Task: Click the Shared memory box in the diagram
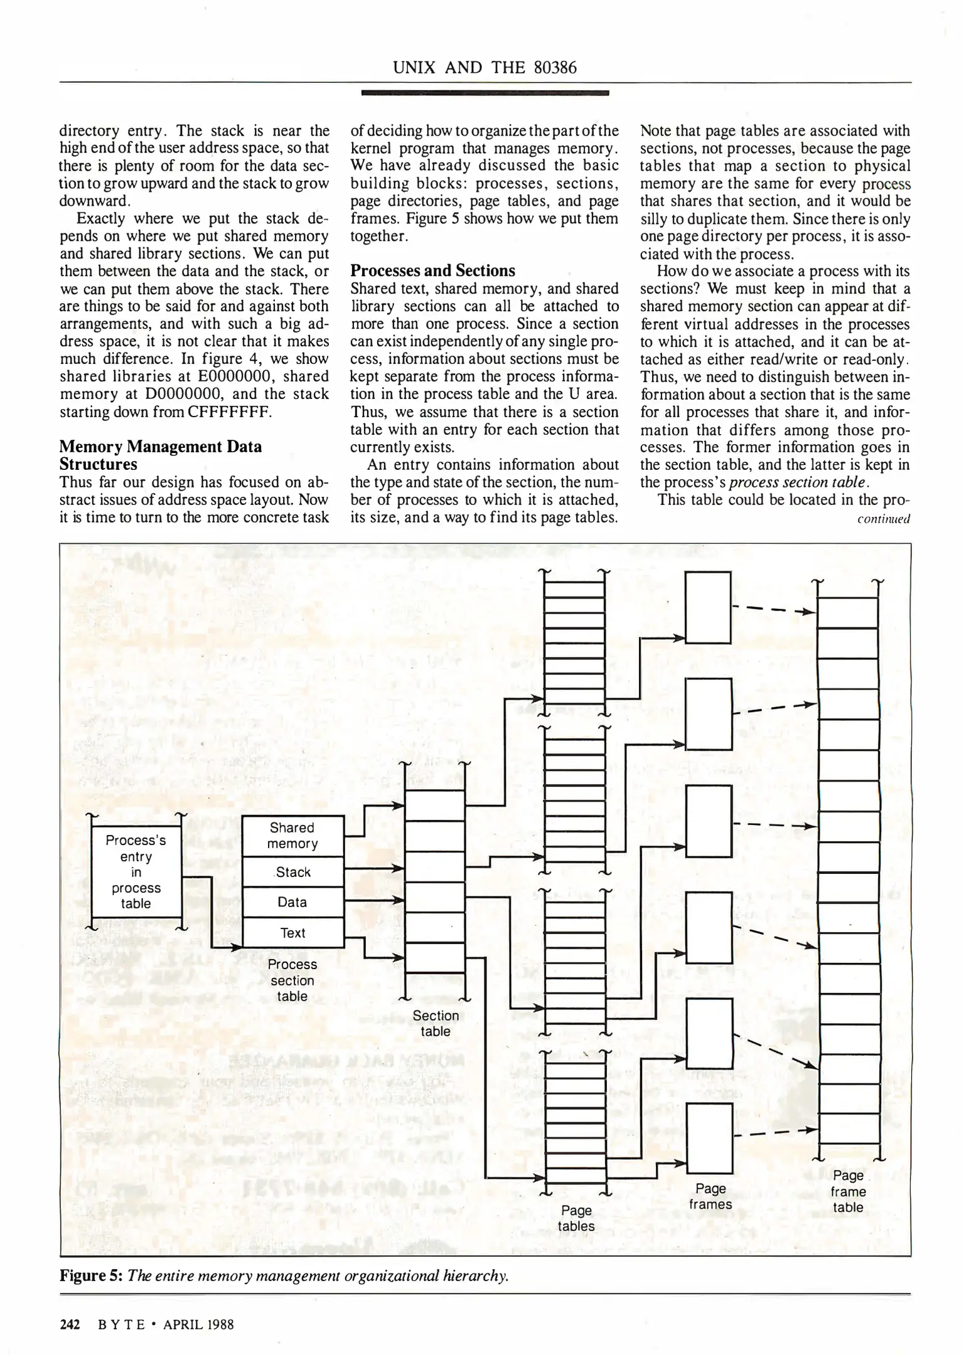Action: pos(292,836)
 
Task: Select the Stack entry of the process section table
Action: pos(292,872)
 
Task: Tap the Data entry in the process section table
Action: pos(292,902)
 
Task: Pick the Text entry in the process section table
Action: pos(292,933)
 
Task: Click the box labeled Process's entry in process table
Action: pos(136,872)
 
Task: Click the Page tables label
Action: pos(576,1218)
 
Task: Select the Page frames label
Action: pos(710,1196)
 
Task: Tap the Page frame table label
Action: pos(848,1191)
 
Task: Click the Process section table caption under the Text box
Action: pos(292,980)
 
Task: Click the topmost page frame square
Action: pos(708,607)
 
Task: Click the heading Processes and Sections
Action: pos(432,271)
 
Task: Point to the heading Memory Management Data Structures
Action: pos(161,455)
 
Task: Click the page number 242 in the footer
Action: pos(70,1324)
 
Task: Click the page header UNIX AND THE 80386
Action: pos(485,68)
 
